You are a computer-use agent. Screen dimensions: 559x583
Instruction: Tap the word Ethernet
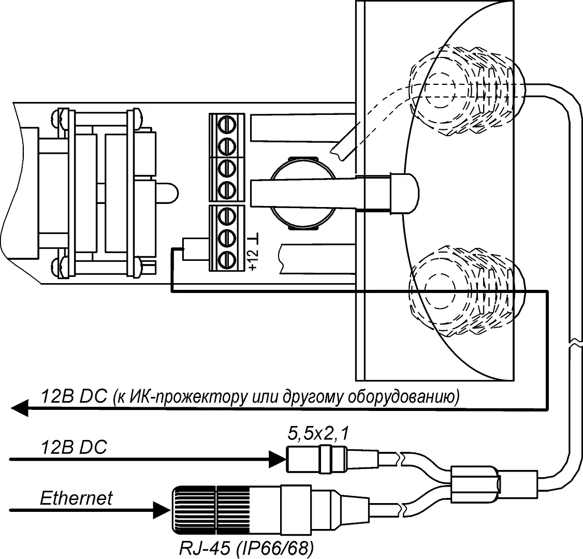76,498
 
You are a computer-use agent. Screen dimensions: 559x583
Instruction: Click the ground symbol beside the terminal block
254,240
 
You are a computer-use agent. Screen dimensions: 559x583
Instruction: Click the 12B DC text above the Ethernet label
74,447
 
